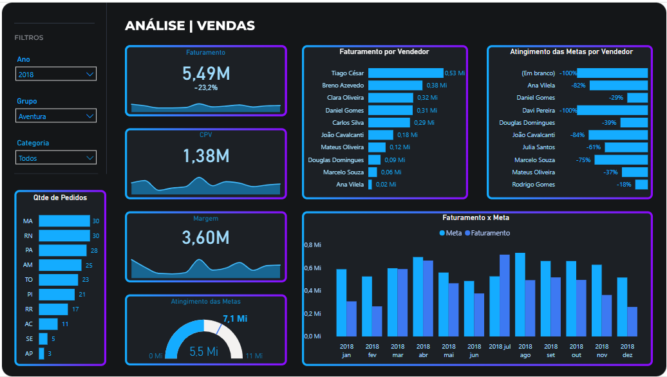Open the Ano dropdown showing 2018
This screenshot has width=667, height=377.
click(56, 74)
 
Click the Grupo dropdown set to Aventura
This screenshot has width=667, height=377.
click(56, 116)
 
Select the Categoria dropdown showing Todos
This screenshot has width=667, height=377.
click(56, 158)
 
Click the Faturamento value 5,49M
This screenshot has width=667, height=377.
click(206, 73)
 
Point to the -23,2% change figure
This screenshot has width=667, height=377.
click(206, 87)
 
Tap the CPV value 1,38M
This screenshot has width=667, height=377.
click(206, 156)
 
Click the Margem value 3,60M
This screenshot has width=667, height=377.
click(206, 237)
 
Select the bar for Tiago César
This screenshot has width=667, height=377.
click(406, 73)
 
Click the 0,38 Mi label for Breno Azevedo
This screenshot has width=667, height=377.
click(436, 86)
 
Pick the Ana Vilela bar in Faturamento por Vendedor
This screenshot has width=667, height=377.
click(370, 185)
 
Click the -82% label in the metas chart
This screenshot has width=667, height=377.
click(578, 86)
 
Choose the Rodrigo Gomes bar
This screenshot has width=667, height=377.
click(641, 185)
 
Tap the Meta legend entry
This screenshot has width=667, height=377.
click(451, 233)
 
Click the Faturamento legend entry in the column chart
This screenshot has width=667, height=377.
click(487, 233)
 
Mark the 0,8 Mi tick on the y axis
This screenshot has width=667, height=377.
click(313, 245)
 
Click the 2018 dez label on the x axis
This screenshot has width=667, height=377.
click(627, 351)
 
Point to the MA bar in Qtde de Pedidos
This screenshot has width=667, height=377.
click(64, 221)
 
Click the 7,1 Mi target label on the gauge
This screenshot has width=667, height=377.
click(235, 318)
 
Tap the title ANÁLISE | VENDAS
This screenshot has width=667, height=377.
click(190, 26)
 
